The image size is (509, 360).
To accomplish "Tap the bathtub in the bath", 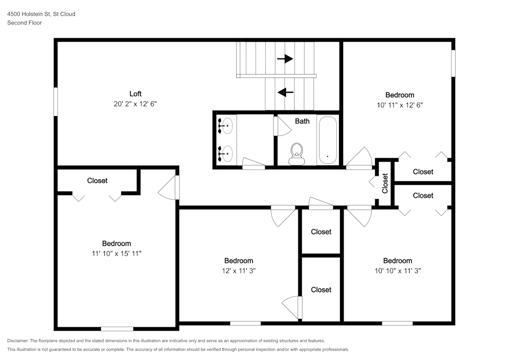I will pos(327,141).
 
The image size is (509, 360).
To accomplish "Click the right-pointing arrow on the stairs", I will pos(285,59).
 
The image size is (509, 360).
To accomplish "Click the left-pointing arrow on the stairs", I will pos(286,92).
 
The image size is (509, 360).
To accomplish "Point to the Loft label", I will pos(135,94).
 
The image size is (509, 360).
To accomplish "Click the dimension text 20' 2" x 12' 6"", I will pos(135,104).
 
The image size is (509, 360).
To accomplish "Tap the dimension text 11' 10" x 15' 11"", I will pos(117,253).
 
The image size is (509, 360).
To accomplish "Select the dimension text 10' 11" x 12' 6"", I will pos(400,105).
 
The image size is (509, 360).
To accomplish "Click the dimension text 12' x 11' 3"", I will pos(239,271).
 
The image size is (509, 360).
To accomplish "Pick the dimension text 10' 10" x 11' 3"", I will pos(398,271).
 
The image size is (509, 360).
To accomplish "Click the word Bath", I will pos(302,121).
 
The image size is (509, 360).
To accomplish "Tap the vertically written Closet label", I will pos(385,183).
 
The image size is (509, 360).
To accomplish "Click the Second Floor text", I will pos(24,23).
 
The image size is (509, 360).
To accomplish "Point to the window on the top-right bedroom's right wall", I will pos(453,63).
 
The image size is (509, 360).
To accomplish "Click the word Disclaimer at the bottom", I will pos(18,341).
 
